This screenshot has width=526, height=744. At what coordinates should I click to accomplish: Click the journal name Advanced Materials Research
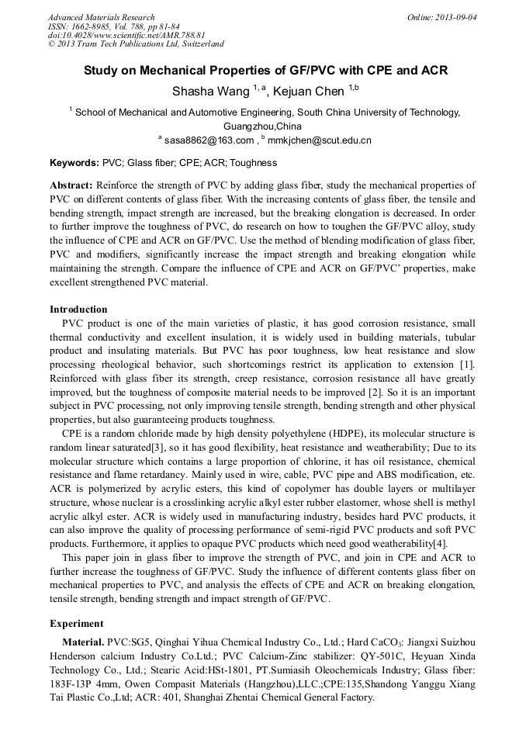[101, 17]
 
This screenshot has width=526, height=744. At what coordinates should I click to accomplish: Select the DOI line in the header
[126, 35]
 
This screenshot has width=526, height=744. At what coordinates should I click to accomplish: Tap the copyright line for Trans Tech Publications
[136, 44]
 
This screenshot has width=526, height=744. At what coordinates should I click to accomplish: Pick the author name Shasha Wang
[208, 92]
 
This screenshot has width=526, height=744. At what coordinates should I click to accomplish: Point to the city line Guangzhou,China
[263, 126]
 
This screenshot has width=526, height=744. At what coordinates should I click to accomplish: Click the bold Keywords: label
[74, 163]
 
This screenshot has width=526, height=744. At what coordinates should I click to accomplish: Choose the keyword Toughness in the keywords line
[253, 163]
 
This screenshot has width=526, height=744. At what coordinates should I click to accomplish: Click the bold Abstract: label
[71, 185]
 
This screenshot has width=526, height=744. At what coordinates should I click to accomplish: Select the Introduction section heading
[78, 309]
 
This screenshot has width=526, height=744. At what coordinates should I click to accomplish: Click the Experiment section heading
[76, 623]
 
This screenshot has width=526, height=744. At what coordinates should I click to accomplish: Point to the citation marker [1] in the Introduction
[469, 365]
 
